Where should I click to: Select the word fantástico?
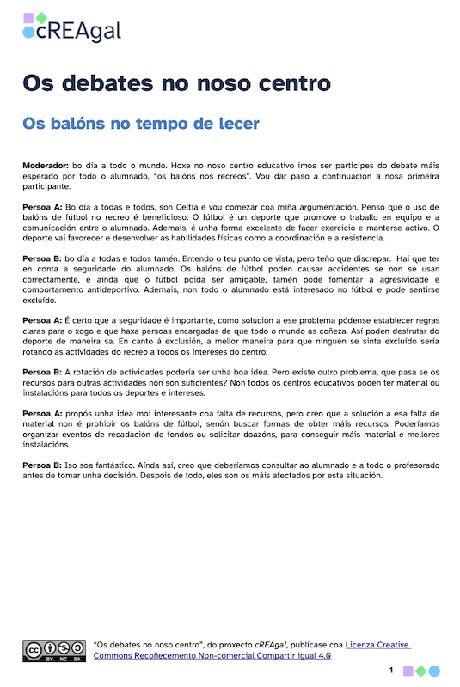[x=113, y=465]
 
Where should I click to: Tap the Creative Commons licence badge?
[x=53, y=650]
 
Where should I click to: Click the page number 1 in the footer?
[x=391, y=670]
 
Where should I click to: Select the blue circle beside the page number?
[x=434, y=671]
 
